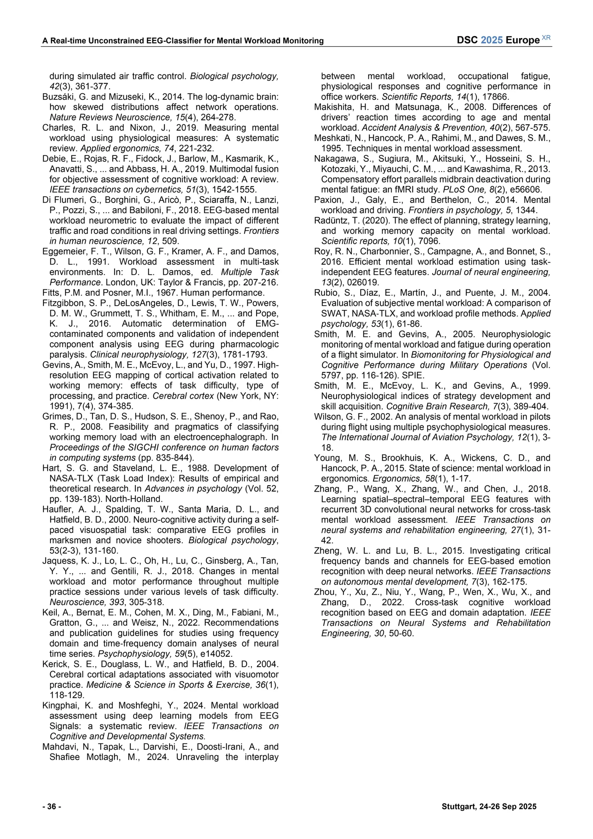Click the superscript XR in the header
coord(546,38)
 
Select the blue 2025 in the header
coord(492,40)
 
